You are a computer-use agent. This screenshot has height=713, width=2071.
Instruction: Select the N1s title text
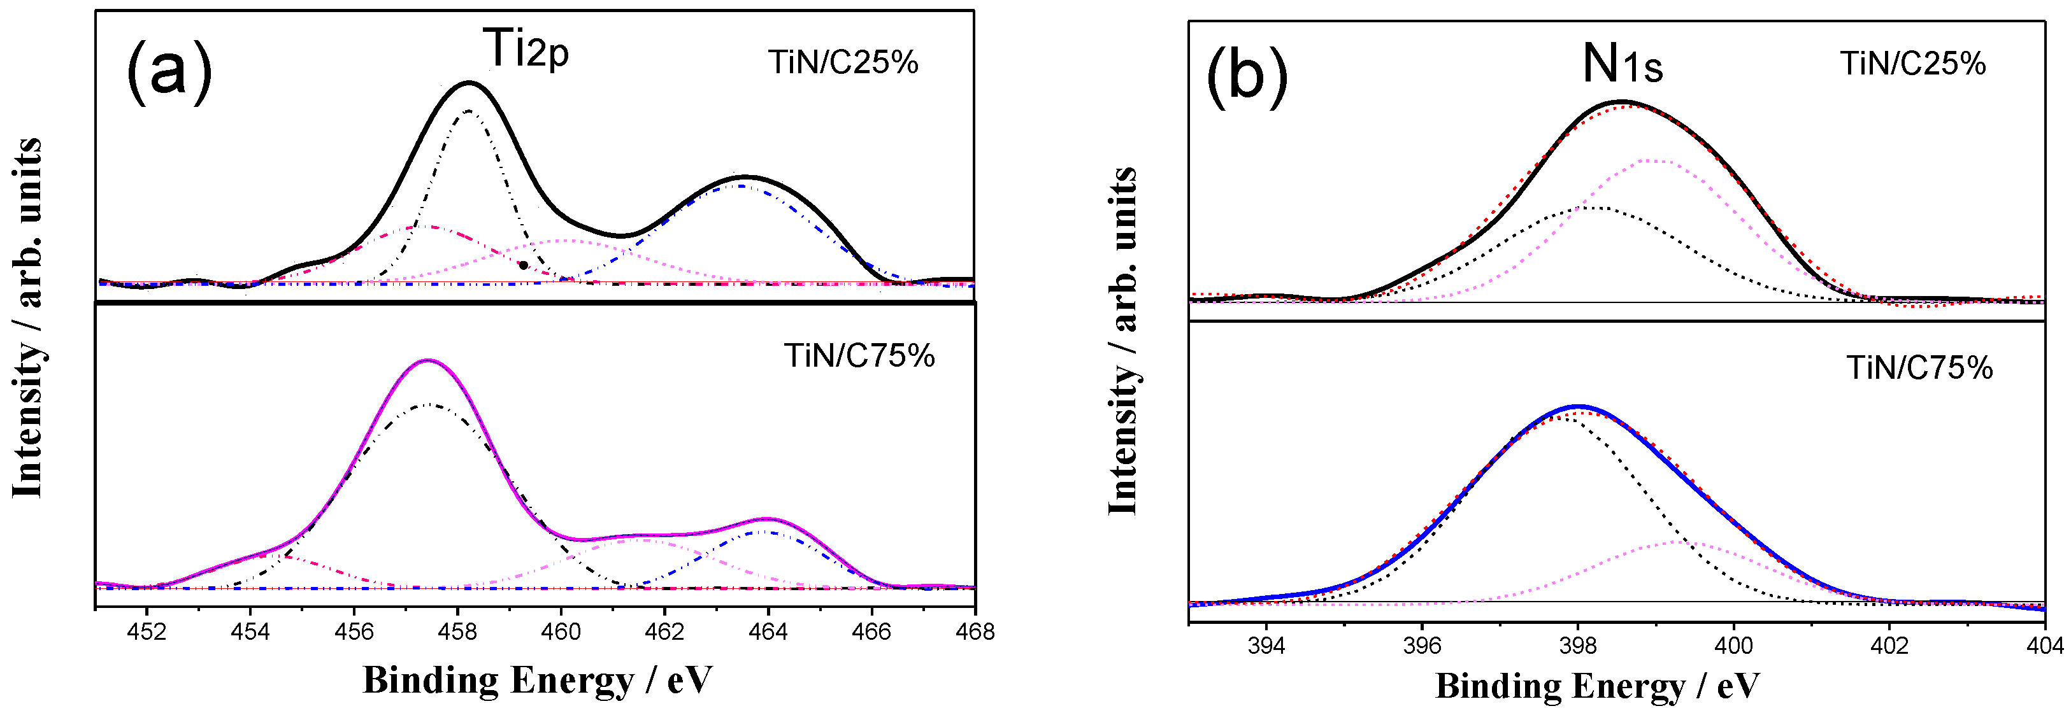point(1623,64)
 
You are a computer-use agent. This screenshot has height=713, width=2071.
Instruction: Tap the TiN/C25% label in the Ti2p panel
point(843,62)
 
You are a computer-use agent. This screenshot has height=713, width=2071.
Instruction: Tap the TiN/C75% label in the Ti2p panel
point(859,356)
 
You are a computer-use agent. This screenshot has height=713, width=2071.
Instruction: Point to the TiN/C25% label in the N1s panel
point(1912,64)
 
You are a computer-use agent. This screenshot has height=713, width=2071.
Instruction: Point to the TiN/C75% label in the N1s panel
point(1919,368)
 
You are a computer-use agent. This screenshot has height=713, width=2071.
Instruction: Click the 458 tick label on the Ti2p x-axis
point(457,632)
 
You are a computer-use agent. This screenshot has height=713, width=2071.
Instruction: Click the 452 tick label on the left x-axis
point(147,632)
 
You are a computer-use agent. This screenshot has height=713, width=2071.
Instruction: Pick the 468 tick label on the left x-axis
point(975,632)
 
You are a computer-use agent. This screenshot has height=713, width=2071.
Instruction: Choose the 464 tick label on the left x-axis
point(768,632)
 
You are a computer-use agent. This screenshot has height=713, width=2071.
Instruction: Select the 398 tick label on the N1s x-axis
point(1577,646)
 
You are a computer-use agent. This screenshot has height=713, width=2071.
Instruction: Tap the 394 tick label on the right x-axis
point(1266,646)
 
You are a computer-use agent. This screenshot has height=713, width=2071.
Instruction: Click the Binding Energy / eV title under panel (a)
point(537,680)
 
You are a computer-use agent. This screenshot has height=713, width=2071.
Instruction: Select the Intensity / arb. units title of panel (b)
point(1123,342)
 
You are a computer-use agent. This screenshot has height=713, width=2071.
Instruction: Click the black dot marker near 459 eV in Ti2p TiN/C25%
point(524,264)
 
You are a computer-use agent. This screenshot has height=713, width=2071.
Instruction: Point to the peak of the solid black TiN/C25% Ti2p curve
point(469,82)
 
